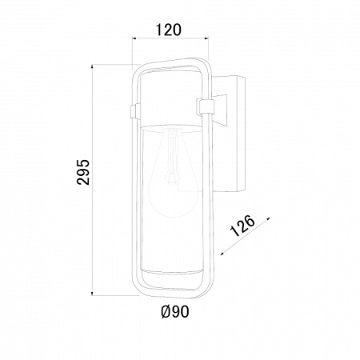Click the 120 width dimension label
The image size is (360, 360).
click(x=168, y=30)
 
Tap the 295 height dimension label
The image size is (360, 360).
click(x=83, y=172)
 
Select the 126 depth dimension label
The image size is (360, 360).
click(x=242, y=226)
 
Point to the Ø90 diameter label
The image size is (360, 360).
click(x=175, y=311)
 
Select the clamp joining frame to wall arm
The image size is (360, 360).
click(x=205, y=107)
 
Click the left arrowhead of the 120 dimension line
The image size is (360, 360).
click(x=135, y=39)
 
